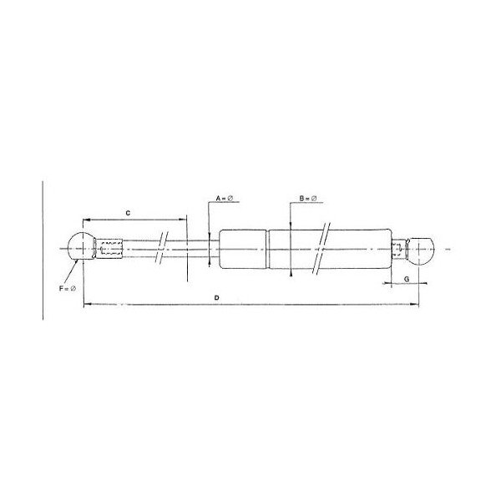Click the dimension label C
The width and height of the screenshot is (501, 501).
[128, 214]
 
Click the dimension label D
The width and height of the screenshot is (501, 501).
[217, 297]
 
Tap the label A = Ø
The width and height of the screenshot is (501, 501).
[225, 200]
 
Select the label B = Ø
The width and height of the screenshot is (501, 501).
[308, 200]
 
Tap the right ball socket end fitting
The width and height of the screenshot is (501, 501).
[423, 249]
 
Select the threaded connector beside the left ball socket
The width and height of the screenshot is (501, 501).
[111, 248]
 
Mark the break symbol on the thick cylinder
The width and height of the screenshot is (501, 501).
[322, 248]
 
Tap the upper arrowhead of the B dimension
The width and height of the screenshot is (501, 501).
[288, 222]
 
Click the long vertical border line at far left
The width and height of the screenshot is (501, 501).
[43, 250]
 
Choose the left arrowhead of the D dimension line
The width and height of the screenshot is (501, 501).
[86, 306]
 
